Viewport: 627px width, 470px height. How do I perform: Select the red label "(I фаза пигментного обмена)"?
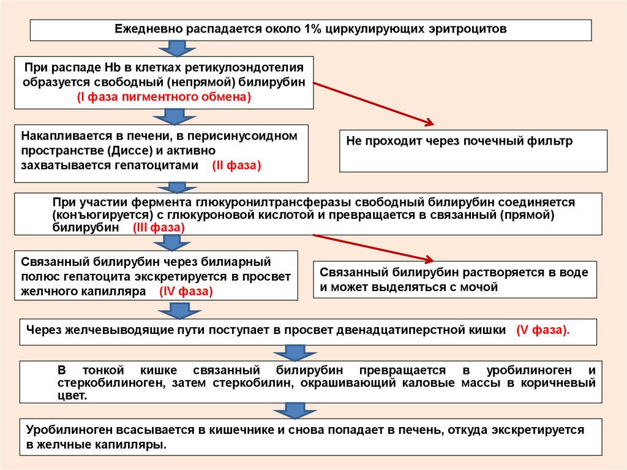[164, 97]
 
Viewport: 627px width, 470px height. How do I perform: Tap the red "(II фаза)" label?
[237, 165]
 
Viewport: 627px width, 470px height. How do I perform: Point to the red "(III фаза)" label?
[159, 227]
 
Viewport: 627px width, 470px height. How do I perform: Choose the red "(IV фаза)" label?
[186, 292]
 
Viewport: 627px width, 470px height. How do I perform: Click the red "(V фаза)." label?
[543, 330]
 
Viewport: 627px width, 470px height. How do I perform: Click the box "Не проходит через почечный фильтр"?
[473, 150]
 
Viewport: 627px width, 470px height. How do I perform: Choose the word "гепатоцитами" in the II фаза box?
[162, 165]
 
